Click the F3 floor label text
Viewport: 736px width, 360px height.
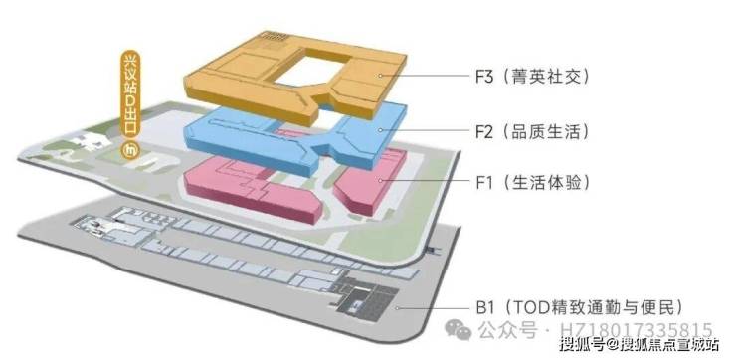[x=532, y=76]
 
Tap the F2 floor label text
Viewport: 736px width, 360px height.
[x=532, y=131]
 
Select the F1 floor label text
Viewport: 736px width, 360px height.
[x=532, y=182]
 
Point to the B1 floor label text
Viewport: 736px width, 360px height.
[x=578, y=308]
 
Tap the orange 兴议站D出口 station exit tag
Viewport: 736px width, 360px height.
[x=129, y=105]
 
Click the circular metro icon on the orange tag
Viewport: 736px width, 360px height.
[x=129, y=151]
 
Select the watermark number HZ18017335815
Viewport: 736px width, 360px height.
[x=637, y=329]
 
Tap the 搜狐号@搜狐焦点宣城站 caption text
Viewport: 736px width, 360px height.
[x=640, y=344]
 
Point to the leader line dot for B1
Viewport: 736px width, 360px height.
[x=397, y=308]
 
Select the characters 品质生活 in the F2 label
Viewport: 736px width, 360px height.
[x=545, y=131]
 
